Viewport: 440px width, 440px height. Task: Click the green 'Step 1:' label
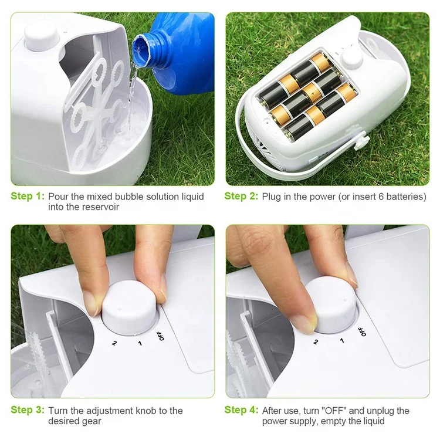point(27,197)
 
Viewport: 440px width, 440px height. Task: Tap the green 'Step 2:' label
point(241,197)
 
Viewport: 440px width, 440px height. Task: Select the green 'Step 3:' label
point(27,411)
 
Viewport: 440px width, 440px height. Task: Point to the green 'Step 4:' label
point(241,411)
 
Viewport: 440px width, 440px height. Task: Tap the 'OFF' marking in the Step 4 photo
point(363,330)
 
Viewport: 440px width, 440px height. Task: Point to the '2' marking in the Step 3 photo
point(114,342)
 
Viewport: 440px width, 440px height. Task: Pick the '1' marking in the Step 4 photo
point(339,339)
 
